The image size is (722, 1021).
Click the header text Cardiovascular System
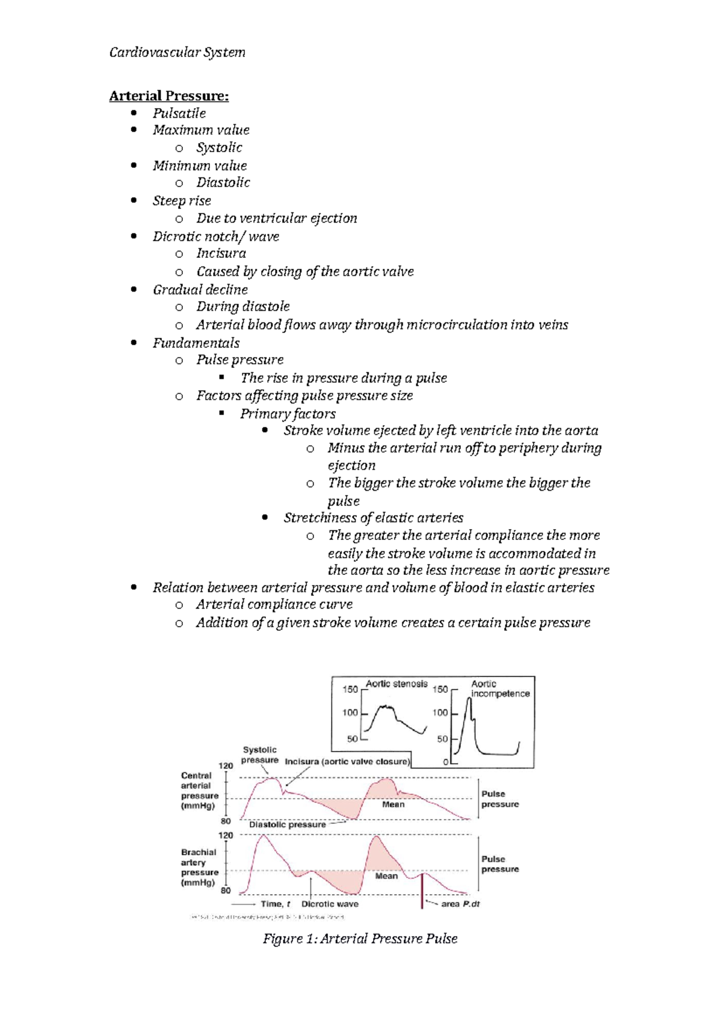pos(177,52)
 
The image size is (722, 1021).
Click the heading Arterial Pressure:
pos(168,96)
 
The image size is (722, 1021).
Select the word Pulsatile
pos(179,113)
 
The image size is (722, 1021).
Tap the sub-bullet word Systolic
pos(219,147)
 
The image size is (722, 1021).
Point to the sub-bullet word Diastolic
pos(223,182)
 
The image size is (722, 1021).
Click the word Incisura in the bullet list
pos(221,253)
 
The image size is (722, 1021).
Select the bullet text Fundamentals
pos(196,343)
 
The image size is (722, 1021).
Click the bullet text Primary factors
pos(288,414)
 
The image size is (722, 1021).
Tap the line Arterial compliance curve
pos(274,604)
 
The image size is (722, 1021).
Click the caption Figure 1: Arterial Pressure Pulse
pos(360,939)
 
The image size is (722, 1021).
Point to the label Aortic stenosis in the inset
pos(396,684)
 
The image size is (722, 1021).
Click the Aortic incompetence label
pos(499,688)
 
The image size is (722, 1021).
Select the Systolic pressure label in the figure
pos(260,755)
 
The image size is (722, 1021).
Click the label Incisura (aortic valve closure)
pos(347,761)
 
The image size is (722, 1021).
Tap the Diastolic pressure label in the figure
pos(287,824)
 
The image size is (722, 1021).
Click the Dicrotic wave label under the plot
pos(330,904)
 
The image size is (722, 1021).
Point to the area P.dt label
pos(460,904)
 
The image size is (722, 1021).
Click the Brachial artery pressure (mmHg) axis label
pos(199,867)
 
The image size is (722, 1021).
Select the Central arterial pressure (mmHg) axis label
pos(199,791)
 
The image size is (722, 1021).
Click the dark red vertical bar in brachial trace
pos(422,890)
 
